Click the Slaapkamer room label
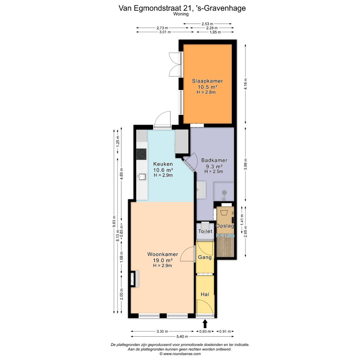click(x=207, y=81)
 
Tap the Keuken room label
click(x=163, y=164)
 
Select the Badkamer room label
click(x=214, y=160)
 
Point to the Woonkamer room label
click(x=163, y=254)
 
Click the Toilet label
click(x=205, y=231)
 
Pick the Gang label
click(x=205, y=257)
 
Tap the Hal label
click(x=205, y=294)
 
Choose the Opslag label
click(x=225, y=226)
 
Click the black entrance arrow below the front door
click(x=205, y=324)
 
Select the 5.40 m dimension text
click(x=182, y=337)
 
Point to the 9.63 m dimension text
click(x=114, y=221)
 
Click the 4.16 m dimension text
click(x=246, y=84)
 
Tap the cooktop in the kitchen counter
click(x=141, y=154)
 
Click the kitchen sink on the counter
click(x=142, y=177)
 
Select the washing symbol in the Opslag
click(x=224, y=212)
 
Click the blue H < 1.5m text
click(x=225, y=236)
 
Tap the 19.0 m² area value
click(x=163, y=260)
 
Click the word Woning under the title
click(x=181, y=14)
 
